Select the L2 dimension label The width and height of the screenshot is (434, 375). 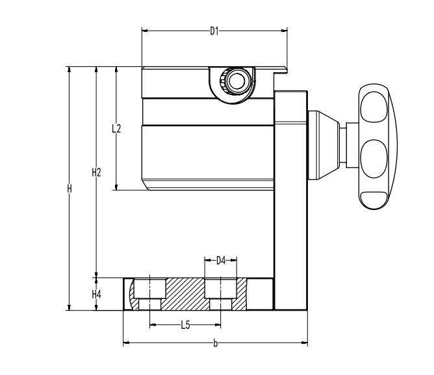116,128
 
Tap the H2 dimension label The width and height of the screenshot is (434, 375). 96,172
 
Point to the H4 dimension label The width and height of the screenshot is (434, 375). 96,294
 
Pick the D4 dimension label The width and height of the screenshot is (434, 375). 220,261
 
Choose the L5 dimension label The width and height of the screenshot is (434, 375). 185,325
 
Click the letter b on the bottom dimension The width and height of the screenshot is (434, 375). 216,343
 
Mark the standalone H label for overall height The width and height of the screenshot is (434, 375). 69,188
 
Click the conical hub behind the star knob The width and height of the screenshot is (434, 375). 325,146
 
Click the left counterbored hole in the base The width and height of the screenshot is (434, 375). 149,294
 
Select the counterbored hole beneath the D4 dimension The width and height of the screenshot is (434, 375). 220,294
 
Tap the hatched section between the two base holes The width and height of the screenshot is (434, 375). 185,294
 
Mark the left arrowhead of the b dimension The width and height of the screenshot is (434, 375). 126,343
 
